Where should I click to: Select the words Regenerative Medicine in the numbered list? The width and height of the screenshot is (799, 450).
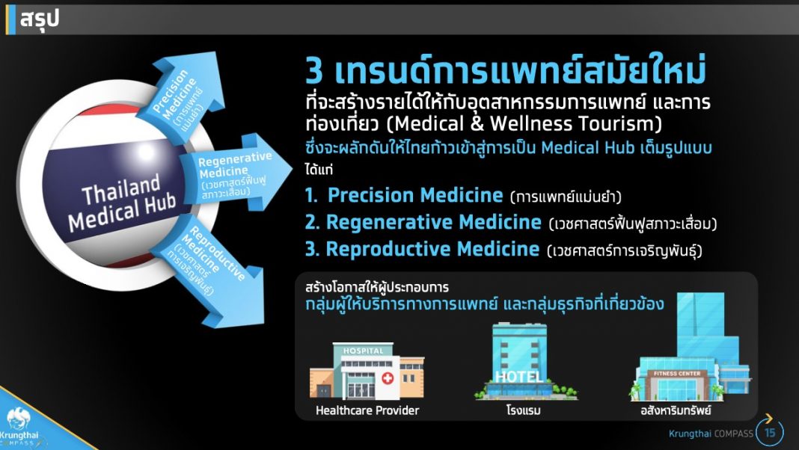click(x=433, y=222)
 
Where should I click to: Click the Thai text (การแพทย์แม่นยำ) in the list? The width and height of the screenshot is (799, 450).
click(x=566, y=197)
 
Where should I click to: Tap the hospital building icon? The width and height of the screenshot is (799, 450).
click(x=367, y=372)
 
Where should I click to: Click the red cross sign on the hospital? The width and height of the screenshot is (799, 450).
click(x=388, y=379)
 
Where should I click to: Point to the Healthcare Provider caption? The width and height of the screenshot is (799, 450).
click(x=367, y=410)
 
